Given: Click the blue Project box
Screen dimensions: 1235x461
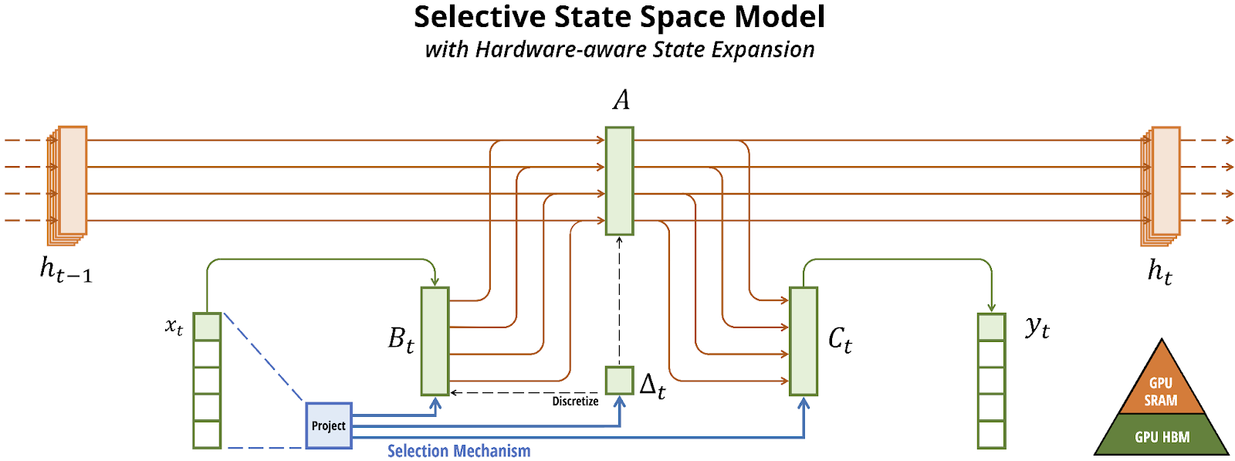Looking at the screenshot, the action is click(x=329, y=425).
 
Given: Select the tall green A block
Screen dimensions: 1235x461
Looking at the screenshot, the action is click(x=620, y=181).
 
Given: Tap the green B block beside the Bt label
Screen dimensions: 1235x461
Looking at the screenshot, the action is click(x=435, y=341).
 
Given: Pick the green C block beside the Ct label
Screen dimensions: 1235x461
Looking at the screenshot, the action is click(x=804, y=341).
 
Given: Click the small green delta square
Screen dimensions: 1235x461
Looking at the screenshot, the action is click(x=620, y=381).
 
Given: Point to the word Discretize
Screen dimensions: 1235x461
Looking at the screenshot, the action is click(x=576, y=402).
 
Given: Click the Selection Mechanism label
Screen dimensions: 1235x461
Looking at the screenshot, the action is click(x=458, y=451).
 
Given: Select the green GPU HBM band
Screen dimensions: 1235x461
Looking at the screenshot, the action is click(x=1162, y=436).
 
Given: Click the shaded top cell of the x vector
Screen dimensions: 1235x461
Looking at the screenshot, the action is click(x=208, y=327).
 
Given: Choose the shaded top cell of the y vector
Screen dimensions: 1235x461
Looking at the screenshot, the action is click(x=992, y=327).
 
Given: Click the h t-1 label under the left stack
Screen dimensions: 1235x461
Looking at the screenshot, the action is click(x=66, y=271).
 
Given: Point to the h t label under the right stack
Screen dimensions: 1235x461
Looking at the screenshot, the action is click(x=1160, y=272).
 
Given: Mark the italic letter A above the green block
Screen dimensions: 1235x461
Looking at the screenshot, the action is click(x=621, y=100).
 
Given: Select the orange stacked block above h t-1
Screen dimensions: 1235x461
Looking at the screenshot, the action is click(x=67, y=186).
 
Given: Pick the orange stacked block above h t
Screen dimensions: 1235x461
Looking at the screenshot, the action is click(x=1161, y=186).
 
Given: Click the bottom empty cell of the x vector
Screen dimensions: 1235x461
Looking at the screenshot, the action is click(x=208, y=435).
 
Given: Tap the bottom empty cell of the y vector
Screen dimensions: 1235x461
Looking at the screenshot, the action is click(x=992, y=435).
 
